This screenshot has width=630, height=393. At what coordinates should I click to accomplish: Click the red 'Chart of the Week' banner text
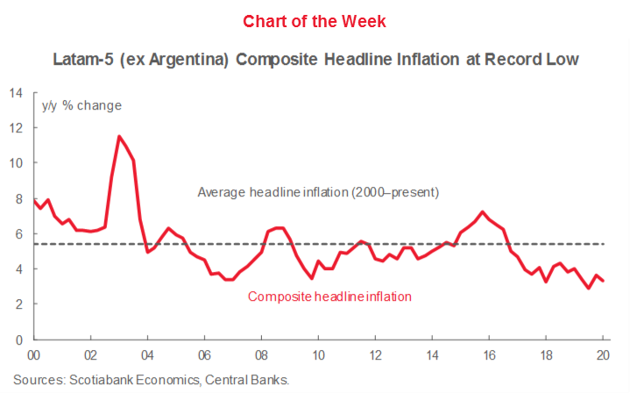[x=315, y=20]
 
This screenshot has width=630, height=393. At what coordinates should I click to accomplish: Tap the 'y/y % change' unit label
[x=82, y=106]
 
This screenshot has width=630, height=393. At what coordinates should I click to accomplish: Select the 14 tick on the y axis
[x=15, y=92]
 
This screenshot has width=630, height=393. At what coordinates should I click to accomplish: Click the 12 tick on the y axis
[x=15, y=128]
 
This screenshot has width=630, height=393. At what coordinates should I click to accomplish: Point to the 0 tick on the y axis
[x=18, y=339]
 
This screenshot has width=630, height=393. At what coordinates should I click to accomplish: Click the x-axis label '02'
[x=90, y=355]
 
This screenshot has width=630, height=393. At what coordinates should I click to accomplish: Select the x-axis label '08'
[x=260, y=355]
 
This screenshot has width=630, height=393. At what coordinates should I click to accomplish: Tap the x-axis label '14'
[x=431, y=355]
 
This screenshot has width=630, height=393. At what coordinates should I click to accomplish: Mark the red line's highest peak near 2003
[x=119, y=136]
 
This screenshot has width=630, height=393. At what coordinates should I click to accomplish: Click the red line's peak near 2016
[x=483, y=211]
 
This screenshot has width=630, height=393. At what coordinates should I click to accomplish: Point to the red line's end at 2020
[x=603, y=281]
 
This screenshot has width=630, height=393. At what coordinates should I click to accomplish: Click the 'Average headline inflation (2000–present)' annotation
[x=318, y=192]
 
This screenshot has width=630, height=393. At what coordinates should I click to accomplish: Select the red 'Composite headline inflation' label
[x=329, y=297]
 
